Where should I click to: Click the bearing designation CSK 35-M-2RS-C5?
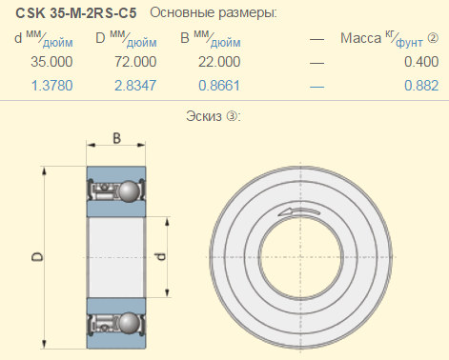(76, 13)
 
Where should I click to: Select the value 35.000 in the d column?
(51, 62)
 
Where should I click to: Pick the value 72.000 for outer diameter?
(135, 62)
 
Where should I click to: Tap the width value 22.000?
(219, 62)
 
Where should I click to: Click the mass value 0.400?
(421, 62)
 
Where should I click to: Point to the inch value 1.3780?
(52, 86)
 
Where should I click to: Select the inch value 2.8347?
(135, 86)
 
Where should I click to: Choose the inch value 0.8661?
(219, 86)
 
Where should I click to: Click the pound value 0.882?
(421, 86)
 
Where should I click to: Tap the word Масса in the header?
(360, 38)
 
